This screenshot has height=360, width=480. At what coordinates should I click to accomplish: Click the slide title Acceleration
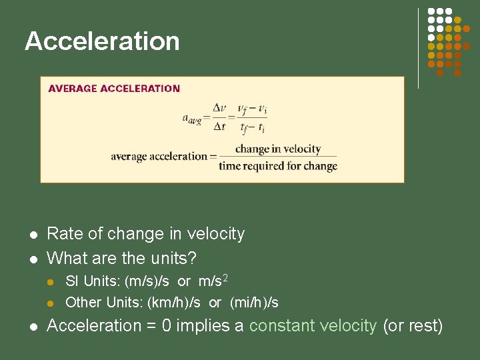102,41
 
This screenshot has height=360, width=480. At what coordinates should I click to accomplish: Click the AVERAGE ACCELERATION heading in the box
114,88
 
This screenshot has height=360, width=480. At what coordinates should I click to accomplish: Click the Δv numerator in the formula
219,108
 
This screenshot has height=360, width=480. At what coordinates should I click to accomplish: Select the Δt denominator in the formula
219,125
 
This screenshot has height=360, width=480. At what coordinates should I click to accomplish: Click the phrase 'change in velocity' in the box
278,149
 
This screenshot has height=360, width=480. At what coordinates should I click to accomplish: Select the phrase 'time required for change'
278,165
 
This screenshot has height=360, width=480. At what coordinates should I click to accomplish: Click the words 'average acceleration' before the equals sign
159,157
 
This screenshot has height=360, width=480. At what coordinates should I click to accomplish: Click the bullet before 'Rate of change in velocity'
32,235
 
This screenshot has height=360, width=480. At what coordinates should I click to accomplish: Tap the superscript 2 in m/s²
225,277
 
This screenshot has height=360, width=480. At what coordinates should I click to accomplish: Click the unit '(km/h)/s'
173,303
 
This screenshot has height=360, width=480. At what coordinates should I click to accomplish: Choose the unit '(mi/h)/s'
254,303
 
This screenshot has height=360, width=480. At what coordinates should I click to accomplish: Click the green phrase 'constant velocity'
313,326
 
